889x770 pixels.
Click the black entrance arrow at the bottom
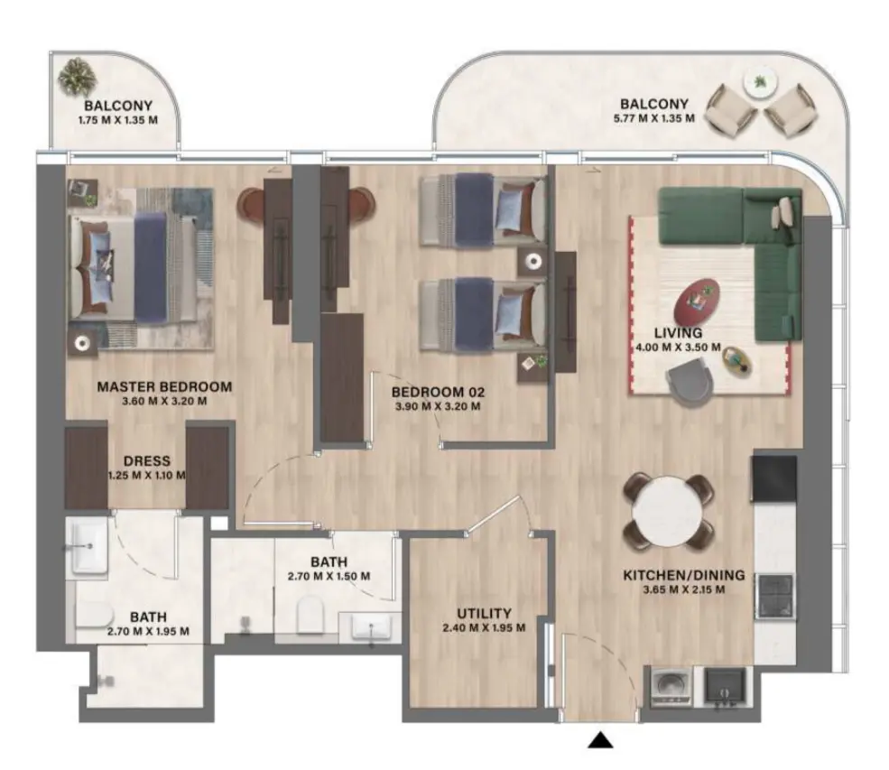[x=600, y=741]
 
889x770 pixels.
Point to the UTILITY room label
[x=483, y=613]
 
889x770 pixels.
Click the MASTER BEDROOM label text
[x=164, y=386]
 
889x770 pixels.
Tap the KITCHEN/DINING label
[x=683, y=574]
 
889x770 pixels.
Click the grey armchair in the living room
[x=690, y=376]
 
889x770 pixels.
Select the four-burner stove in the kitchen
[x=773, y=596]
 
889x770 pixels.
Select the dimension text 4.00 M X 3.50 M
[x=677, y=347]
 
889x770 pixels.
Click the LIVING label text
[x=678, y=332]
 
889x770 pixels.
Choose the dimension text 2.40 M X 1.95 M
[x=483, y=628]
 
